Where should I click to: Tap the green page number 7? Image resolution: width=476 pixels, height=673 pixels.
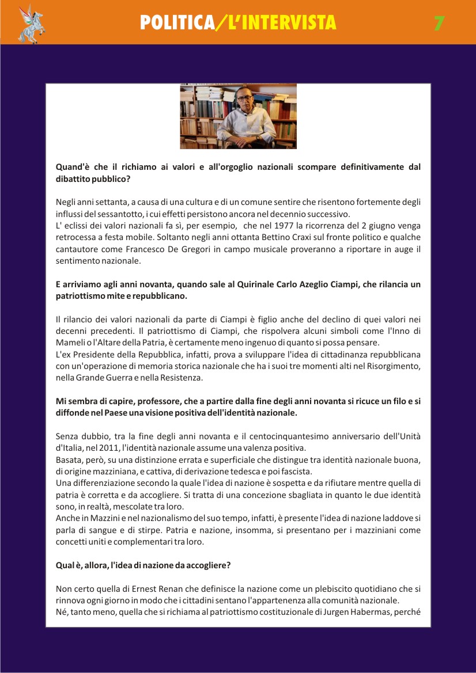439,23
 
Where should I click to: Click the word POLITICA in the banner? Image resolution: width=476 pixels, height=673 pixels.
176,22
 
